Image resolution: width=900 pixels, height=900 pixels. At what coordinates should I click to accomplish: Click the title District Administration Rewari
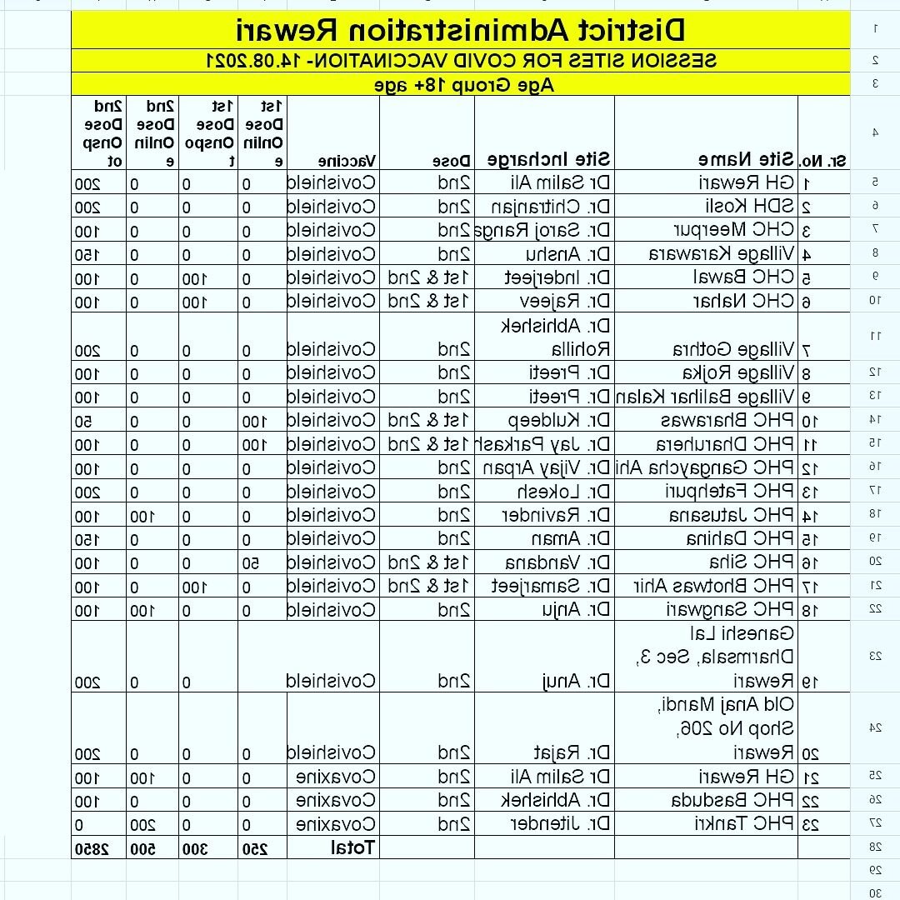[461, 30]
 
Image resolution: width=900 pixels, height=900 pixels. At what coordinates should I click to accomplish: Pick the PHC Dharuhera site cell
[724, 444]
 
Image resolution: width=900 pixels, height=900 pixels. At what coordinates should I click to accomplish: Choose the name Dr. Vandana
[560, 562]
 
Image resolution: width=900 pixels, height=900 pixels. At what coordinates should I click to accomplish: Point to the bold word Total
[353, 848]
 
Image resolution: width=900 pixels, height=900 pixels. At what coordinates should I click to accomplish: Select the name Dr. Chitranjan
[550, 206]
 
